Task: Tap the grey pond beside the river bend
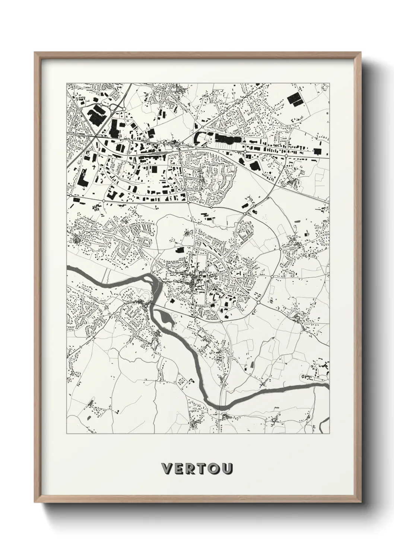point(165,318)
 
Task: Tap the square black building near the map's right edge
point(318,150)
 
